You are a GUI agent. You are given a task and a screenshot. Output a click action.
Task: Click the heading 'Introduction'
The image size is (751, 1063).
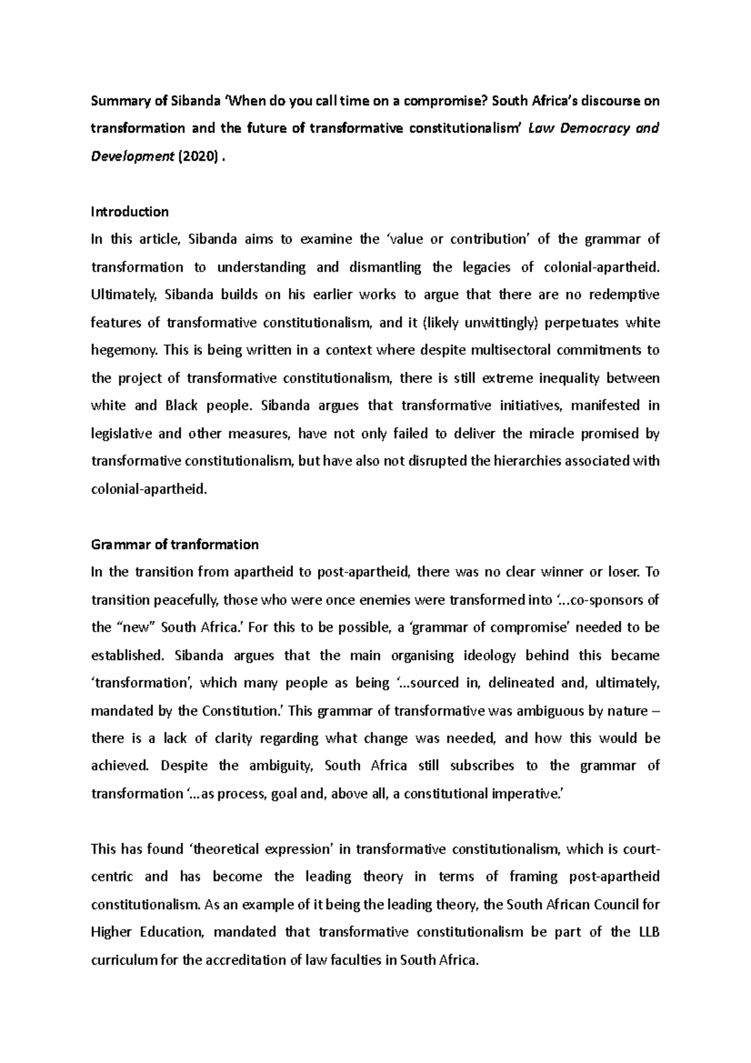click(130, 212)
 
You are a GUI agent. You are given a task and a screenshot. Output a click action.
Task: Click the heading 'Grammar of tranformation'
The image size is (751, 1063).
click(175, 544)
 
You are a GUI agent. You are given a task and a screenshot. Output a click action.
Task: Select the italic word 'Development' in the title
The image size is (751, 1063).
click(131, 157)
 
